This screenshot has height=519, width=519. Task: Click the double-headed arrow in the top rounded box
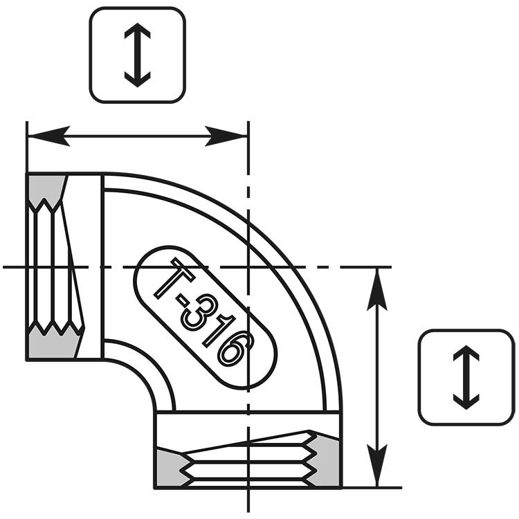pyautogui.click(x=138, y=55)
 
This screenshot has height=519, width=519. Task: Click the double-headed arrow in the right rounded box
pyautogui.click(x=466, y=377)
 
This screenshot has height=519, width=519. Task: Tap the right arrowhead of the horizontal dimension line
pyautogui.click(x=226, y=136)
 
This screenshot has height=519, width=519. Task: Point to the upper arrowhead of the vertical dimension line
pyautogui.click(x=377, y=289)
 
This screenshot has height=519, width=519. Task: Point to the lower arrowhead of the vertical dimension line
pyautogui.click(x=377, y=466)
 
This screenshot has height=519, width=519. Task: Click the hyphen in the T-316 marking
pyautogui.click(x=183, y=300)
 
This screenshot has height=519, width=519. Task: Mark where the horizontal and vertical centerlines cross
pyautogui.click(x=248, y=267)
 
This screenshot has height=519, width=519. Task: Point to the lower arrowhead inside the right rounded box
pyautogui.click(x=466, y=402)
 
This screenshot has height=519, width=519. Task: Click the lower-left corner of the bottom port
pyautogui.click(x=155, y=487)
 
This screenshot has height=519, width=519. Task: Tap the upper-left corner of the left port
pyautogui.click(x=27, y=174)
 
